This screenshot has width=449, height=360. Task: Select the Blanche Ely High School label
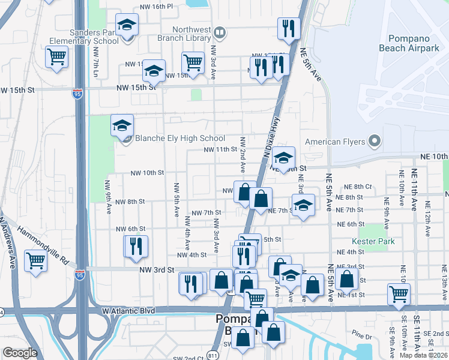pyautogui.click(x=179, y=139)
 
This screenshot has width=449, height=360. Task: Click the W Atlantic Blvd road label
pyautogui.click(x=129, y=311)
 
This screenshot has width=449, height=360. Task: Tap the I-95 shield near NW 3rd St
pyautogui.click(x=80, y=274)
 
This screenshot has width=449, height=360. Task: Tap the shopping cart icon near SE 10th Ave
pyautogui.click(x=399, y=293)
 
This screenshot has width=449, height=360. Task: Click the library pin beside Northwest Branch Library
pyautogui.click(x=220, y=32)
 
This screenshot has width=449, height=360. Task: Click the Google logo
pyautogui.click(x=20, y=353)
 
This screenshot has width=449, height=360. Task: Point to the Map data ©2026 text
pyautogui.click(x=424, y=355)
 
